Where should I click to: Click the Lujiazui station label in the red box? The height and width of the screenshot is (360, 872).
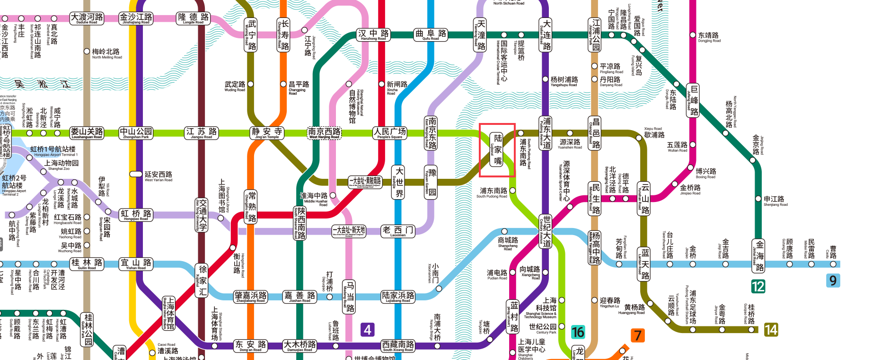pos(497,149)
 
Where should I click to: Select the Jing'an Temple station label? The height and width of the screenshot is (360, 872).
pos(267,132)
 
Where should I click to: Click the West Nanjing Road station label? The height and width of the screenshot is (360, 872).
pos(324,132)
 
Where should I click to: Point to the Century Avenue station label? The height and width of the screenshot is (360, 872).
pos(546,231)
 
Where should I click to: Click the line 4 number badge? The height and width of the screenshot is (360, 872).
pos(368,330)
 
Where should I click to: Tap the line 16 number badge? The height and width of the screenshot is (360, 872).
pos(578,332)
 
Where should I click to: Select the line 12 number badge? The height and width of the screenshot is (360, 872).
pos(758,286)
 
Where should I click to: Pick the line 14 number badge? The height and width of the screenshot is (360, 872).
pos(771,330)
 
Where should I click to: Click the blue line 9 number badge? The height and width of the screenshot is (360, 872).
pos(833,281)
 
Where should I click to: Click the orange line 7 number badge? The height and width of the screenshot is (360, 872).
pos(638,335)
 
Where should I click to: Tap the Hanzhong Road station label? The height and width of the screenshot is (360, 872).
pos(373,35)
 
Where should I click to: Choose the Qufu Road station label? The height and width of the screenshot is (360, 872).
pos(431,35)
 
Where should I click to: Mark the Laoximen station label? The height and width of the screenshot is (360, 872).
pos(398,231)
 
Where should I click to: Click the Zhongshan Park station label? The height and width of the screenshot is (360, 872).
pos(136,132)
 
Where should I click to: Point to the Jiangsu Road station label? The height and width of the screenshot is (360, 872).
pos(202,132)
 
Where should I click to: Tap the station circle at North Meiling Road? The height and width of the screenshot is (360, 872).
pos(87,51)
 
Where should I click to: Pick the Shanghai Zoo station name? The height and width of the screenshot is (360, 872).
pos(62,164)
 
